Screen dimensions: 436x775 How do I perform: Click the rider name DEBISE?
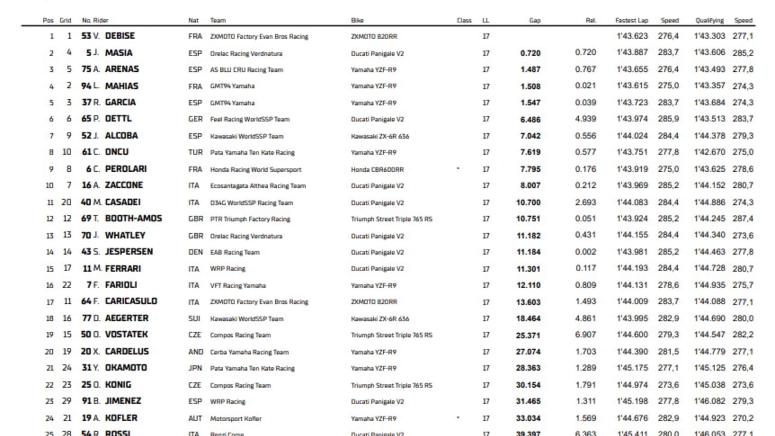tap(120, 36)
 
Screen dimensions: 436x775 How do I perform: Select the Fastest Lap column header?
tap(631, 21)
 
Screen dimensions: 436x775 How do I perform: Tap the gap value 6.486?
tap(530, 119)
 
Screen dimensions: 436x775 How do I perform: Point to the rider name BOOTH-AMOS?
tap(133, 219)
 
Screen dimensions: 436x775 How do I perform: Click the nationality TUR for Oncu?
tap(195, 152)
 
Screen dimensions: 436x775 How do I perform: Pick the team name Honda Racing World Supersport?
tap(255, 169)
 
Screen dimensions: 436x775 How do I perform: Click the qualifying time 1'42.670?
tap(709, 152)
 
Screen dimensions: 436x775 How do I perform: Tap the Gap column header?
tap(534, 21)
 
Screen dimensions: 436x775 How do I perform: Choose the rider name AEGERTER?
tap(127, 318)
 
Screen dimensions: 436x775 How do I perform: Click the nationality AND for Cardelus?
tap(195, 352)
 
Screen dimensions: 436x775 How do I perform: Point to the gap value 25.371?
tap(528, 335)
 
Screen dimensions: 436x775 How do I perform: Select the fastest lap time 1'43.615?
tap(632, 86)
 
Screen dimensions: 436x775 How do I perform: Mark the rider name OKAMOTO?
tap(126, 368)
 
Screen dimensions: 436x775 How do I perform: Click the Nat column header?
tap(193, 21)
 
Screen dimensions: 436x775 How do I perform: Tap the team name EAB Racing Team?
tap(234, 252)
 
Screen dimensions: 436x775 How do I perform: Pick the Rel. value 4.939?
tap(585, 119)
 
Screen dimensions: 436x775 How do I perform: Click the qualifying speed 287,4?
tap(742, 219)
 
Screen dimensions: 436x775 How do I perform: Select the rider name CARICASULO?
tap(131, 302)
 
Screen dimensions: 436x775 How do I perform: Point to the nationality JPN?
tap(195, 368)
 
